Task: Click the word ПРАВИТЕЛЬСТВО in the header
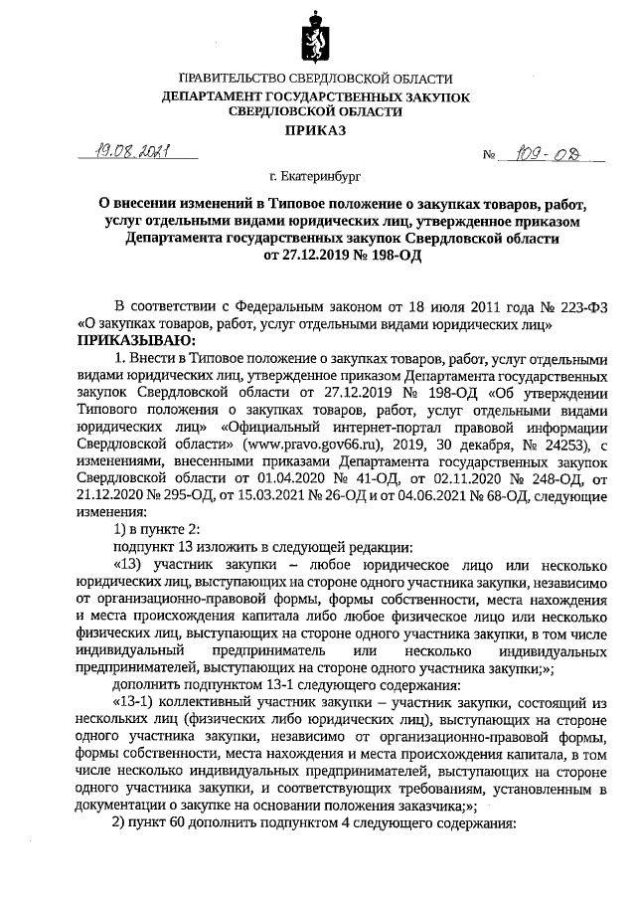(x=238, y=79)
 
